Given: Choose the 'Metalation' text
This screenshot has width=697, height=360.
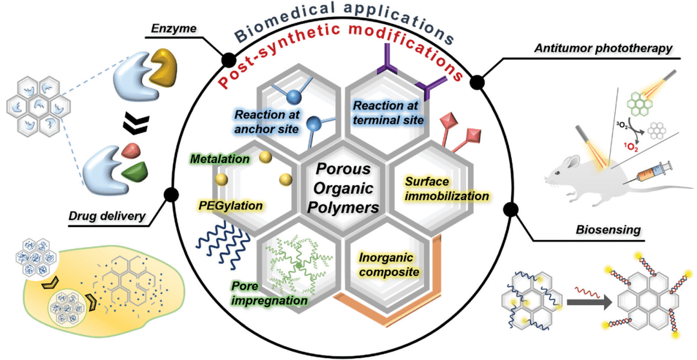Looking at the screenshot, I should click(219, 157).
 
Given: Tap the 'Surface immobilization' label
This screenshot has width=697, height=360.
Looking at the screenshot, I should click(445, 188).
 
